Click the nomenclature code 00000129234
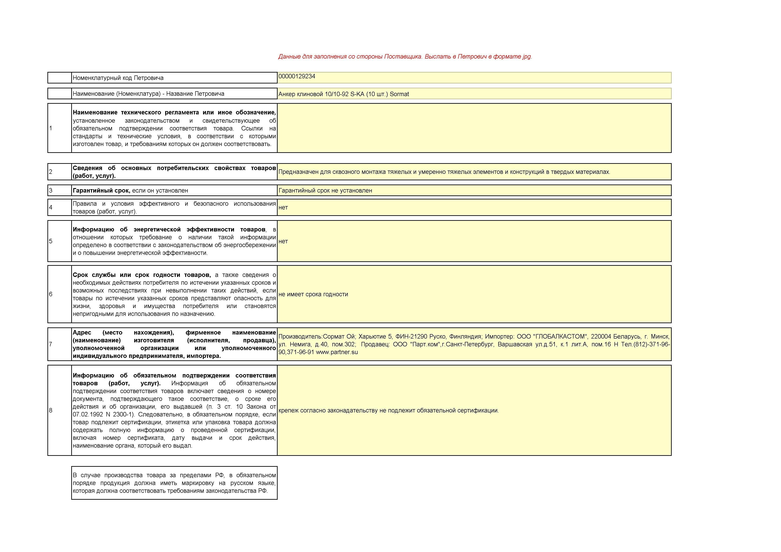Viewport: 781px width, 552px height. coord(297,76)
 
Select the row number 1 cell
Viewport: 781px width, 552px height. coord(51,128)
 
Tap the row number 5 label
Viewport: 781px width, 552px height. coord(51,241)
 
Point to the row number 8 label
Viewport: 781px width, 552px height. coord(51,410)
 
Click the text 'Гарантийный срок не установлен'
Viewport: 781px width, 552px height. coord(325,191)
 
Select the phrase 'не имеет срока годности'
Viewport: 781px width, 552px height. coord(313,294)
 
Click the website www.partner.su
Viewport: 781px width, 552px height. coord(337,352)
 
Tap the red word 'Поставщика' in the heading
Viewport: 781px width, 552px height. coord(403,57)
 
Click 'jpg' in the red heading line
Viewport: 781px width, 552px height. coord(526,57)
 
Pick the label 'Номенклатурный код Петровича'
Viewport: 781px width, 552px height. coord(118,78)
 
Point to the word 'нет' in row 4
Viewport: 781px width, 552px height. coord(283,207)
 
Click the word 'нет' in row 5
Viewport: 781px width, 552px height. coord(283,241)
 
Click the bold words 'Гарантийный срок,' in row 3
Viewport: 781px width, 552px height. coord(101,191)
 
